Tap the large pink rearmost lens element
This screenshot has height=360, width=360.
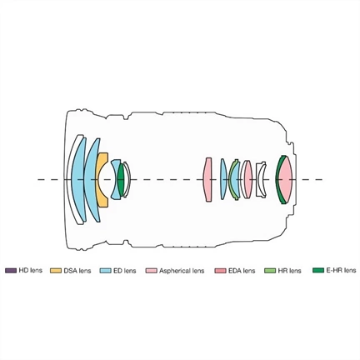coord(286,180)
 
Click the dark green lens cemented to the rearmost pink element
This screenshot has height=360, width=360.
coord(278,180)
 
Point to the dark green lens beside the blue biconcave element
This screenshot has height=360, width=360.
coord(121,180)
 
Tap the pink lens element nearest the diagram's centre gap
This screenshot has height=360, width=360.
coord(207,179)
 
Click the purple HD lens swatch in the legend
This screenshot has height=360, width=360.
coord(11,271)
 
